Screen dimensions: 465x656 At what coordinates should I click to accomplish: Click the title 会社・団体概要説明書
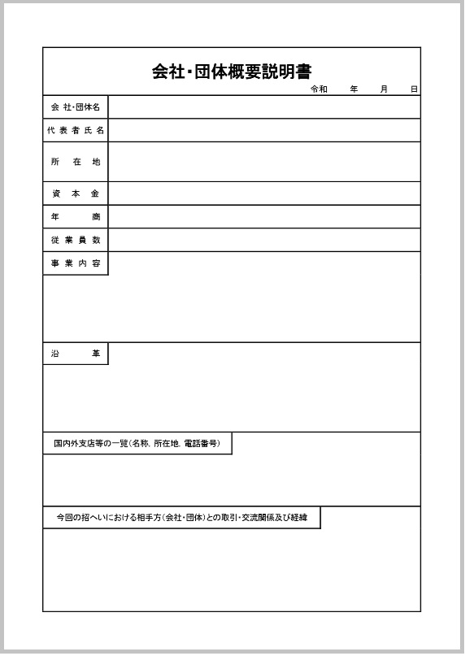[x=232, y=71]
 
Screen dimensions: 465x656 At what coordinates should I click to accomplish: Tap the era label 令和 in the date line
[x=319, y=89]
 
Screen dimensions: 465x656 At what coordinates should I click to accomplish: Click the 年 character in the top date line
[x=354, y=89]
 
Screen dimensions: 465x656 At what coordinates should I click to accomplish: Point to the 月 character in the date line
[x=384, y=89]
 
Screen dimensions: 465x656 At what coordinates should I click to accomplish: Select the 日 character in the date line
[x=414, y=89]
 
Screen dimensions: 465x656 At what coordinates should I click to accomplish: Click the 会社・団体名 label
[x=76, y=107]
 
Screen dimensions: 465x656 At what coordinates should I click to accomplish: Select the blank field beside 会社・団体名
[x=264, y=107]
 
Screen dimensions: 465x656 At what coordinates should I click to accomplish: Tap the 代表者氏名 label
[x=76, y=130]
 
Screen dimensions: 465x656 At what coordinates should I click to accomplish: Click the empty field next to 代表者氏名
[x=264, y=130]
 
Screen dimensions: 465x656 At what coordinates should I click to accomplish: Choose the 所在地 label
[x=76, y=162]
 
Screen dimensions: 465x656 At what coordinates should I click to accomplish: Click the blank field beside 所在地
[x=264, y=162]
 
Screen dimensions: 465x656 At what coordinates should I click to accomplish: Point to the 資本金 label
[x=76, y=193]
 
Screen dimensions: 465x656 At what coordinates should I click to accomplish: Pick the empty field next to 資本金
[x=264, y=193]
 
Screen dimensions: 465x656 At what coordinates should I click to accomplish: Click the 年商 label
[x=76, y=217]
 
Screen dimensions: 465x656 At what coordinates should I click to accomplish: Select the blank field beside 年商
[x=264, y=217]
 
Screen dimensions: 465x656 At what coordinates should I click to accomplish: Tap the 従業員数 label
[x=76, y=240]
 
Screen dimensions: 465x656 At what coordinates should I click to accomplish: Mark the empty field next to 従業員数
[x=264, y=240]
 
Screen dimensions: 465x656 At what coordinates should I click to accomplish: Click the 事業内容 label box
[x=76, y=263]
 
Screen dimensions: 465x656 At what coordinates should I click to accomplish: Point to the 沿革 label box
[x=76, y=354]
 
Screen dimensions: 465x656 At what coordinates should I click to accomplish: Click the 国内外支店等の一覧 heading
[x=137, y=444]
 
